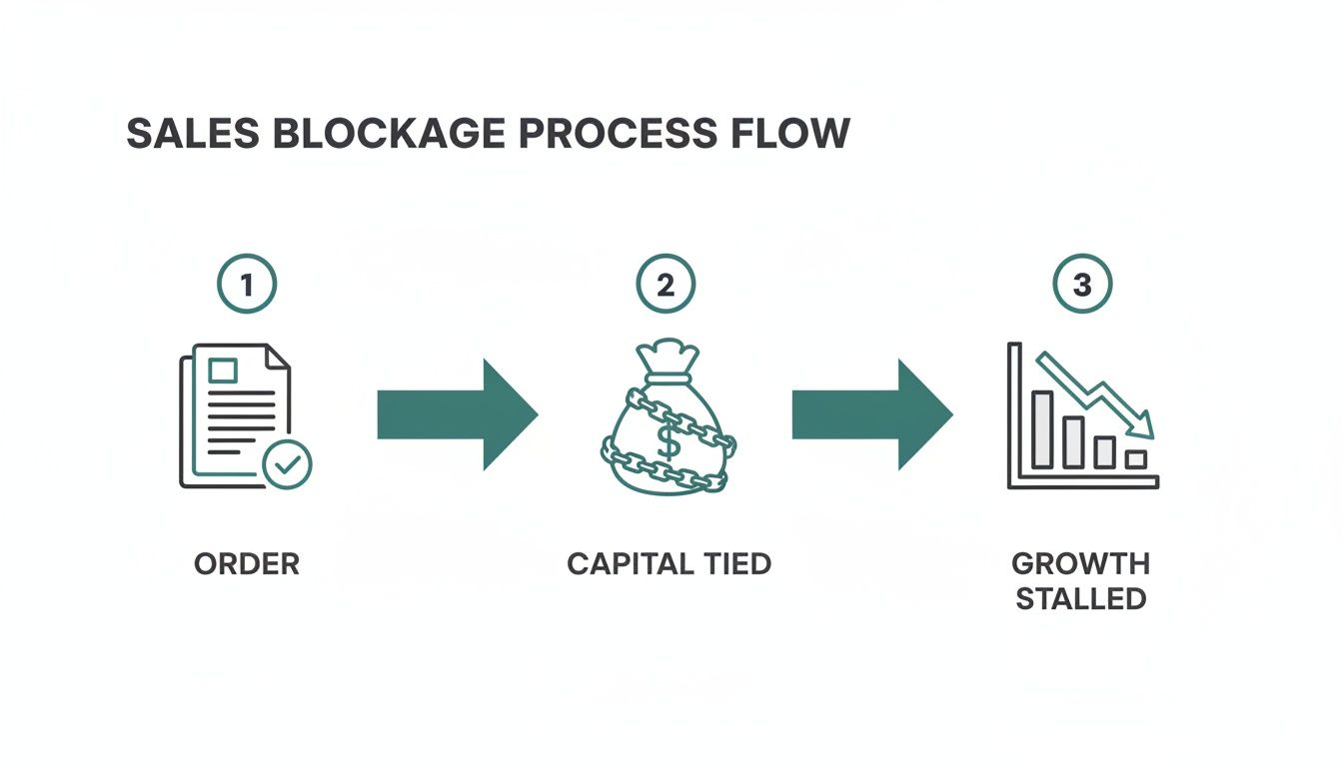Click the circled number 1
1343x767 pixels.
246,285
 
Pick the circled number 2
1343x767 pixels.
666,285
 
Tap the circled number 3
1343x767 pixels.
1081,285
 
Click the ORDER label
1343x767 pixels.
246,564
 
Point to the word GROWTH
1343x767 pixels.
1080,563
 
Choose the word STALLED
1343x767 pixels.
1080,599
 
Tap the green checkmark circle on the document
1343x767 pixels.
287,462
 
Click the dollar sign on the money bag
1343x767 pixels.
669,439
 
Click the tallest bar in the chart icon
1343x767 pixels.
1042,429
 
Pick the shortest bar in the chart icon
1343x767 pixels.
1135,459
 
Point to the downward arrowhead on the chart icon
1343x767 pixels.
1143,427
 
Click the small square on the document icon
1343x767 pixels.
222,371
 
